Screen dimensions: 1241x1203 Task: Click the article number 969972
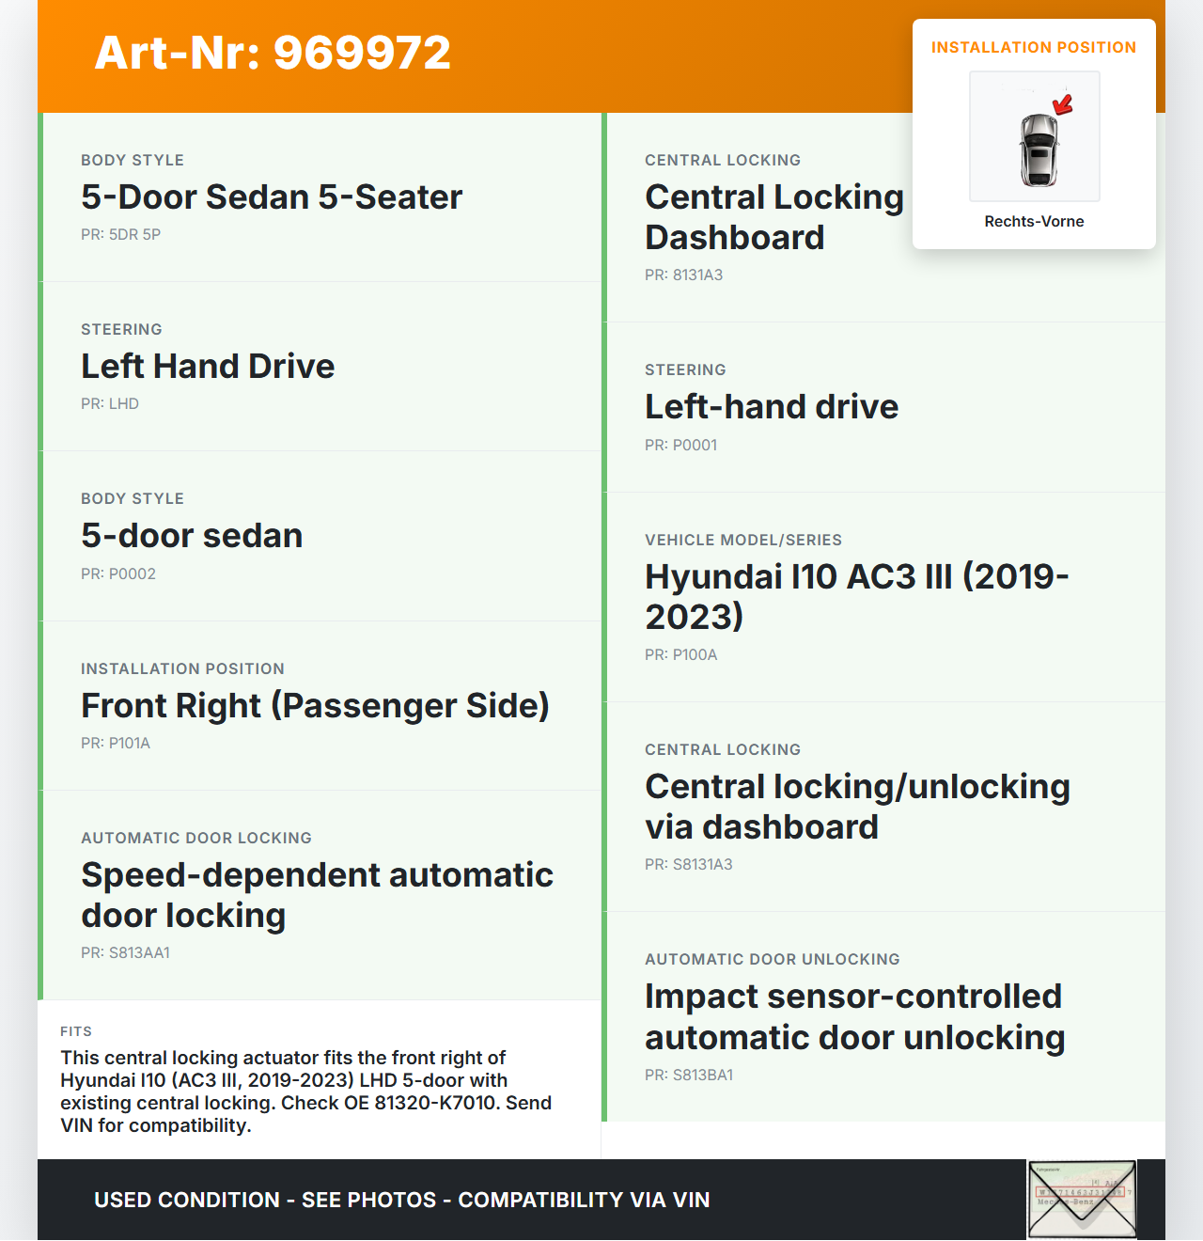[x=362, y=53]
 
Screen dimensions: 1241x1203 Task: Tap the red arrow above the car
[x=1063, y=104]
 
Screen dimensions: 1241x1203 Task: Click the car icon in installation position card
[x=1039, y=149]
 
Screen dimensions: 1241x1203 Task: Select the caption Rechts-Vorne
[x=1034, y=221]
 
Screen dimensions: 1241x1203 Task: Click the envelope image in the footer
[x=1082, y=1199]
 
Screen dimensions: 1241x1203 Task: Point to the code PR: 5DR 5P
[x=120, y=234]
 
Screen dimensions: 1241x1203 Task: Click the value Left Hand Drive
[x=208, y=366]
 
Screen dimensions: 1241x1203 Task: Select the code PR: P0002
[x=118, y=573]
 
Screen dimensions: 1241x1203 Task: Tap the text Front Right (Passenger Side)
[x=315, y=705]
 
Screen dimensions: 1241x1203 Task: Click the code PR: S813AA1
[x=125, y=952]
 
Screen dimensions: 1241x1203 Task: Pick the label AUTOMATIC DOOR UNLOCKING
[x=772, y=959]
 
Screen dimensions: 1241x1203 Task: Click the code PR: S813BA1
[x=689, y=1075]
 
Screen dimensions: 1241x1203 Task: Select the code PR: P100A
[x=680, y=654]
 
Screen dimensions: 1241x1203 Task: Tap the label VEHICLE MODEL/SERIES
[x=742, y=540]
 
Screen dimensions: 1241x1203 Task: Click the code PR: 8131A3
[x=683, y=275]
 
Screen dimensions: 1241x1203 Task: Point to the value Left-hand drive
[x=771, y=406]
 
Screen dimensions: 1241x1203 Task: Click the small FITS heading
[x=76, y=1031]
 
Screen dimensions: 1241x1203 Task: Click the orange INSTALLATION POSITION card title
[x=1033, y=47]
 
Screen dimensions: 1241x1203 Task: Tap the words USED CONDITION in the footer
[x=187, y=1200]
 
